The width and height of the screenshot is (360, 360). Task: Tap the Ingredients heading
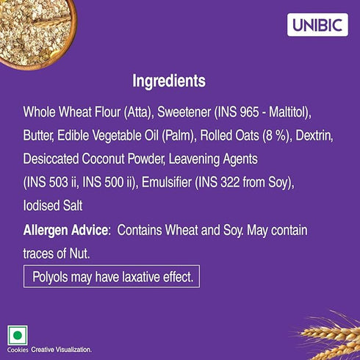168,81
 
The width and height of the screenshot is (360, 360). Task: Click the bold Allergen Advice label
66,231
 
